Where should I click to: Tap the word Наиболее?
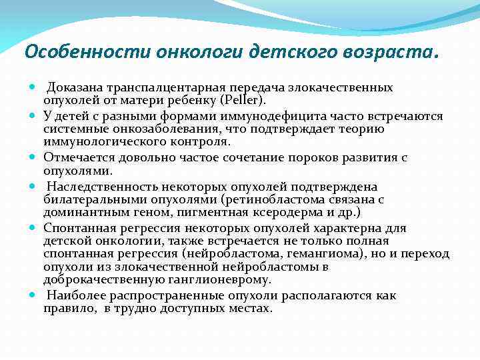point(72,295)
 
